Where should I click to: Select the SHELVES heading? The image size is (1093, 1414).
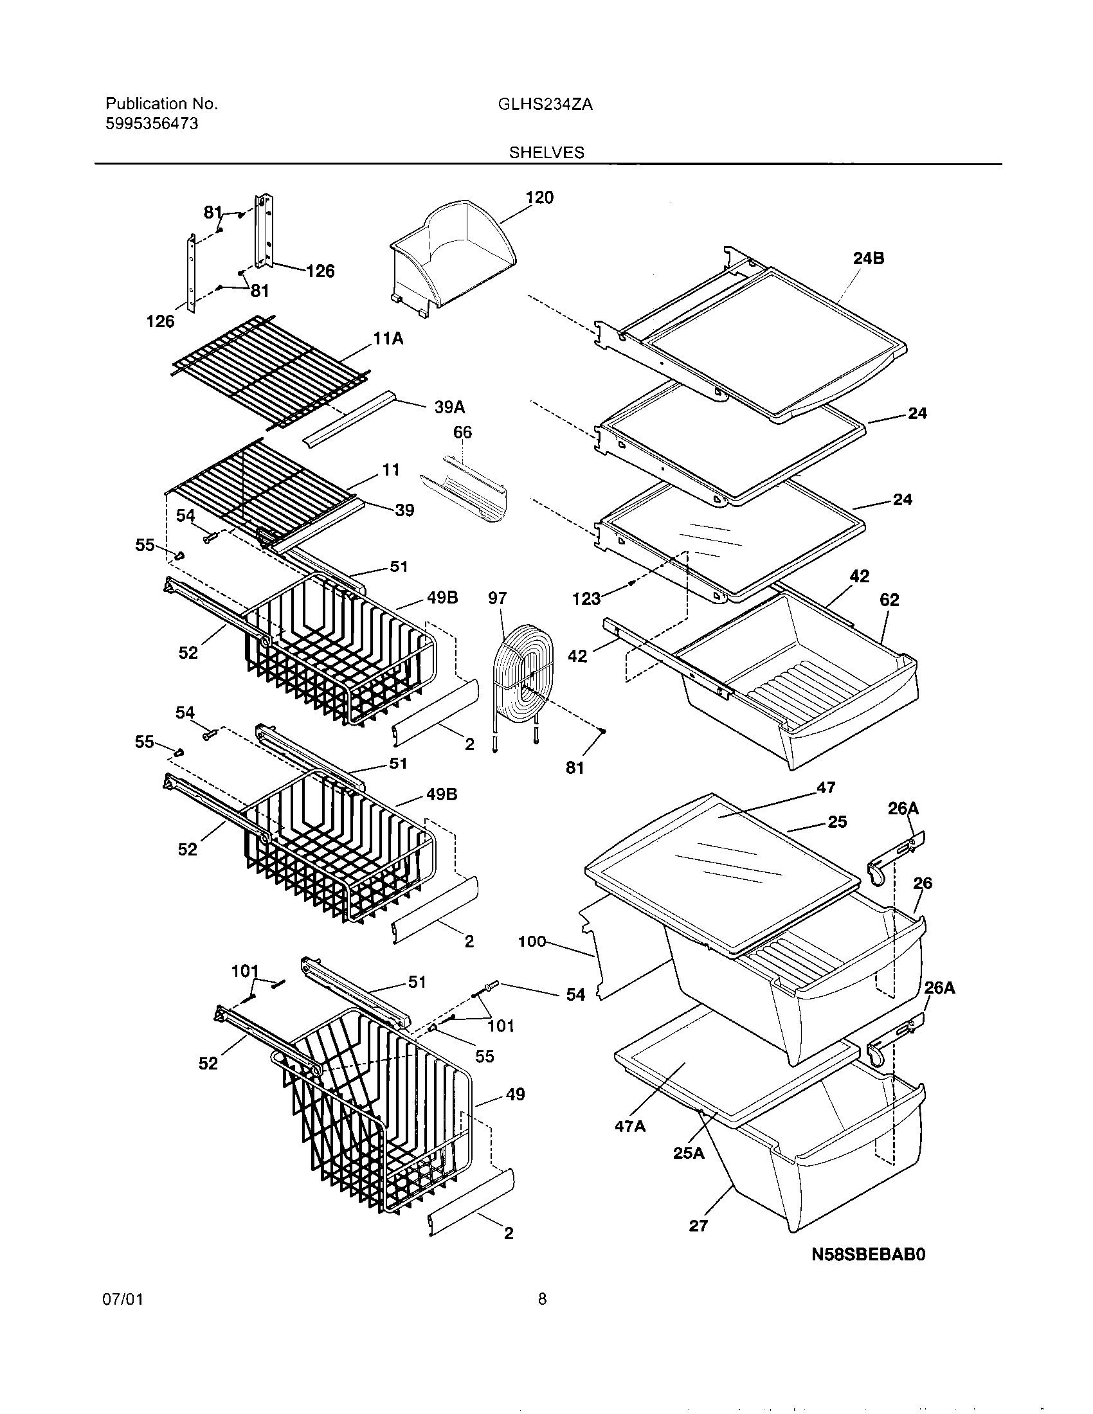coord(546,153)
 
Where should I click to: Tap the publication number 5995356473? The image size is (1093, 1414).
coord(152,123)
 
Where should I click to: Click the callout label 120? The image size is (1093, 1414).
coord(539,197)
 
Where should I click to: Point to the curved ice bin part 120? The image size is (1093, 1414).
coord(453,259)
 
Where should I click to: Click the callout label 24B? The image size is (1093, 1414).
coord(869,258)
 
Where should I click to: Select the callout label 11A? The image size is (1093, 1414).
coord(388,338)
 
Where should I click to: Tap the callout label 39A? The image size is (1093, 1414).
coord(449,407)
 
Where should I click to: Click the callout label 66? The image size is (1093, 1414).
coord(462,432)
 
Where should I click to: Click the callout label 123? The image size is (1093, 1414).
coord(586,599)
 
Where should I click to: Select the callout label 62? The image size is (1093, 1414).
coord(889,600)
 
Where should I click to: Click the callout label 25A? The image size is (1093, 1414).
coord(689,1152)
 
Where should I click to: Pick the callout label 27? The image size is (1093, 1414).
coord(698,1225)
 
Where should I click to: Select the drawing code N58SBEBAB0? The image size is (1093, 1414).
coord(869,1255)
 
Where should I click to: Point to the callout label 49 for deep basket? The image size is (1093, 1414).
coord(515,1094)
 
